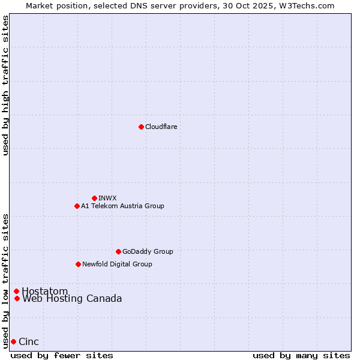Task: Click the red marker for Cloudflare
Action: point(141,127)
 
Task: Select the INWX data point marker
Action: point(94,198)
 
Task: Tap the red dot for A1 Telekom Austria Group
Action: point(77,206)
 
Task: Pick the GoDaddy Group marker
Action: point(118,251)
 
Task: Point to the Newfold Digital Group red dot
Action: point(78,264)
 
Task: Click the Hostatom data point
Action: point(16,292)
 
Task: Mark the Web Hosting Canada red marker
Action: point(17,298)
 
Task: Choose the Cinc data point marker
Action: point(13,341)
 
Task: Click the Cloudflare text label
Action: point(161,127)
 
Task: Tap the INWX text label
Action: point(107,198)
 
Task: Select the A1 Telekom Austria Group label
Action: point(122,206)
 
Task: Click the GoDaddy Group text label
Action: point(148,251)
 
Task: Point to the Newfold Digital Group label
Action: point(117,264)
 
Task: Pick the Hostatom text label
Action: point(45,292)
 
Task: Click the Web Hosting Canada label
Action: point(72,298)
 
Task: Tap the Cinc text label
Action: point(29,342)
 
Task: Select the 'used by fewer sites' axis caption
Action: point(62,355)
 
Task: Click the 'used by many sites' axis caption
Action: point(301,355)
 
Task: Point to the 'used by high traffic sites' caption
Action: point(6,85)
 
